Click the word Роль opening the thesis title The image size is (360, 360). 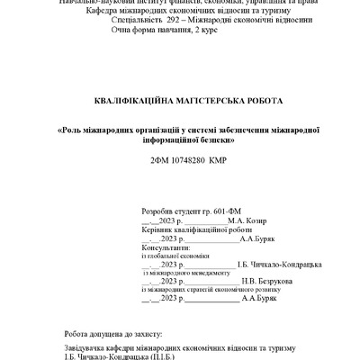pos(75,130)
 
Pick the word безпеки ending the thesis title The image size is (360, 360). pos(221,140)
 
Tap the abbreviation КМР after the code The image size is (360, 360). pos(218,158)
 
